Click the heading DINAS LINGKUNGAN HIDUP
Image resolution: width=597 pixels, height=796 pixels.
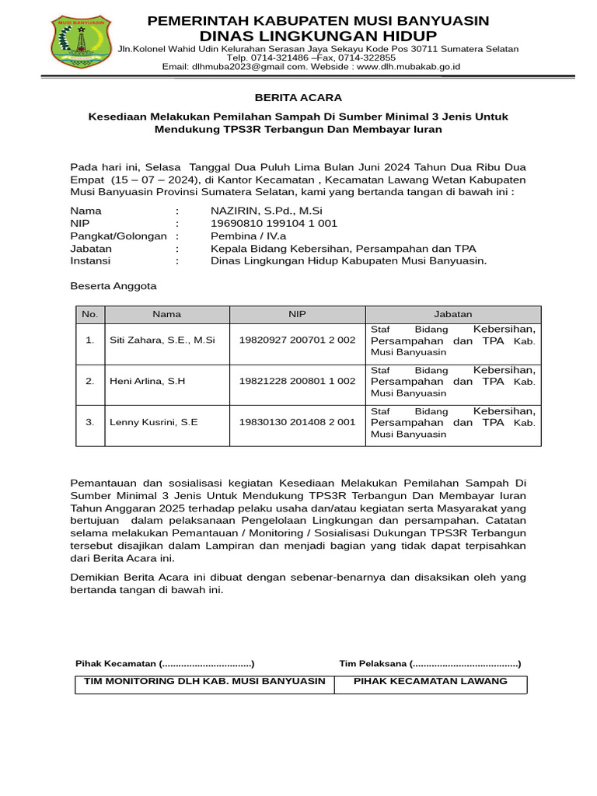point(318,37)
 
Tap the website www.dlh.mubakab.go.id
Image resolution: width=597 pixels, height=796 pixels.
point(409,67)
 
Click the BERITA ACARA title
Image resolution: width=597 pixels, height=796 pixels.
point(298,97)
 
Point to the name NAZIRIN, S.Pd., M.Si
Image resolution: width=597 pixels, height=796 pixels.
point(266,211)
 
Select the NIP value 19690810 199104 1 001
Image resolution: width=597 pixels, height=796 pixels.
point(274,223)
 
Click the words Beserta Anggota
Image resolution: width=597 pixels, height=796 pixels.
point(113,286)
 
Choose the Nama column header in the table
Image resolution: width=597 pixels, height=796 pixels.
point(167,314)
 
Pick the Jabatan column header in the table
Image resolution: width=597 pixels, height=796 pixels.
point(452,314)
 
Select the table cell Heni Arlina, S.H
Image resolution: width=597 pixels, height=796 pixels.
point(147,381)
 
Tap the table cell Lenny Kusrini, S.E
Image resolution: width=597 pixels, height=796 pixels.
point(153,422)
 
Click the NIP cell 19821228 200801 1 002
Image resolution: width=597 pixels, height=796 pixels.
point(297,381)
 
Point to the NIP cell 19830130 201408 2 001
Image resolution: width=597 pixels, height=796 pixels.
point(297,422)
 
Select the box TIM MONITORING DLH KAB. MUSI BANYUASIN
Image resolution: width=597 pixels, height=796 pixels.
point(204,681)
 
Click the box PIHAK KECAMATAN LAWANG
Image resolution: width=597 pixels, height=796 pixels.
point(430,681)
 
